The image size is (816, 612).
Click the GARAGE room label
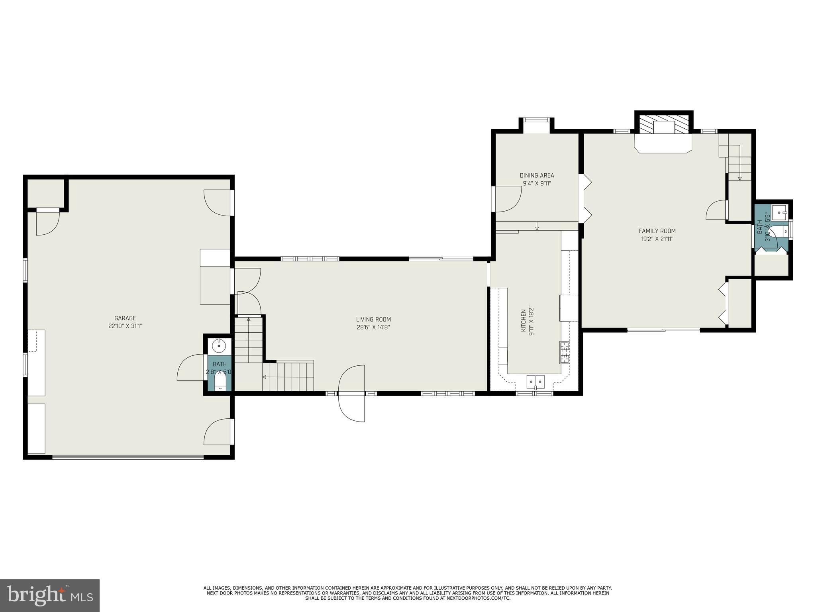click(125, 318)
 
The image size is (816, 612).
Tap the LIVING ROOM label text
click(373, 319)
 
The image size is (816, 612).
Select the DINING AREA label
click(537, 175)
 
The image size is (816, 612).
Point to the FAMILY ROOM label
click(657, 231)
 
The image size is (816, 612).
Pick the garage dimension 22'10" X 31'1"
click(125, 326)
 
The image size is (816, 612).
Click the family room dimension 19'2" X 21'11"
click(657, 239)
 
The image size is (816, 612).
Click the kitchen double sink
click(535, 381)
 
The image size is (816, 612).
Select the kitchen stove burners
click(565, 352)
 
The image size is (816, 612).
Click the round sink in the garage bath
click(219, 346)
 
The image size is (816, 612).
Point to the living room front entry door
click(351, 393)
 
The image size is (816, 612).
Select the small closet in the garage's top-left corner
click(45, 193)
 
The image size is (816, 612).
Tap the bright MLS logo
click(49, 595)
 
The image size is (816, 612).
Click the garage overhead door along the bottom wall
click(128, 457)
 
